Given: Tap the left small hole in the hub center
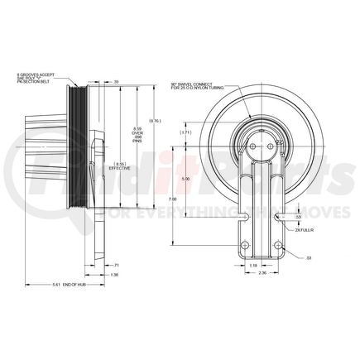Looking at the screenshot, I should [249, 139].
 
